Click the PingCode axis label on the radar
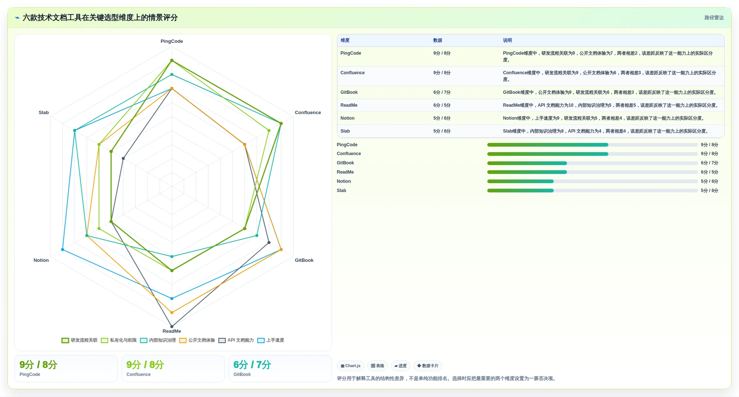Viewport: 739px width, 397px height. click(172, 41)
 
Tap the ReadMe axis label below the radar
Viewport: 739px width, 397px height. click(172, 331)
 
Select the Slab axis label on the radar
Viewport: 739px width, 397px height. click(44, 113)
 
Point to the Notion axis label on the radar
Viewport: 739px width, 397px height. click(41, 260)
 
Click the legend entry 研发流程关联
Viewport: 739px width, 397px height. click(79, 340)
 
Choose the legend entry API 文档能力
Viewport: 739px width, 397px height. click(236, 340)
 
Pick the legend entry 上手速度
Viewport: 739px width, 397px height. click(271, 340)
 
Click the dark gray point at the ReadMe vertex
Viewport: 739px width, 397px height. click(172, 326)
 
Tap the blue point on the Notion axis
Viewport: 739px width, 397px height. click(63, 250)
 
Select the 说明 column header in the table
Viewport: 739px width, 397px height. click(507, 41)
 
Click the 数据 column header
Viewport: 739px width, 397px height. click(437, 41)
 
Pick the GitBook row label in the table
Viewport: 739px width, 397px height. click(349, 92)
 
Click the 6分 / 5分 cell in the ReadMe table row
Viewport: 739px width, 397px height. click(442, 105)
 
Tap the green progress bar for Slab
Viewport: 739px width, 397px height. click(520, 191)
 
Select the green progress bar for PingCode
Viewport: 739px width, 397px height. click(547, 145)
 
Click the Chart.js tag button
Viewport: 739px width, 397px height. click(351, 366)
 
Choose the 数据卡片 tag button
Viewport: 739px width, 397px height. click(428, 366)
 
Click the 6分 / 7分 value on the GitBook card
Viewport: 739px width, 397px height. click(252, 365)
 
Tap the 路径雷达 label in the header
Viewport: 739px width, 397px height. click(714, 18)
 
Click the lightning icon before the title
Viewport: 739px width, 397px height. click(17, 18)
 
